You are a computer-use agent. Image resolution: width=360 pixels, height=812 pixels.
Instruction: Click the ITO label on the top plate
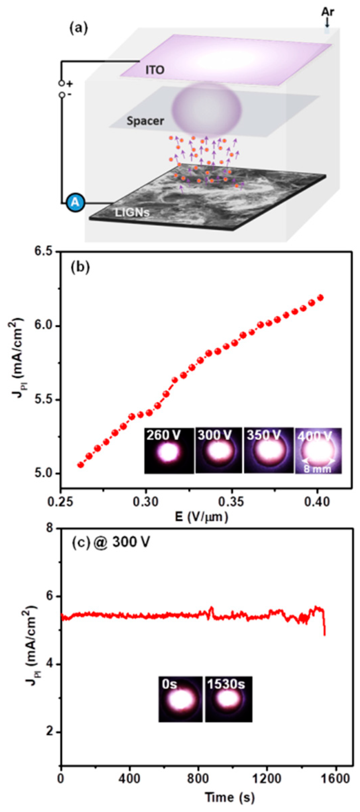[x=155, y=70]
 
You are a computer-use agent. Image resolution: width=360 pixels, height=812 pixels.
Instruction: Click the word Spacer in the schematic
[x=145, y=121]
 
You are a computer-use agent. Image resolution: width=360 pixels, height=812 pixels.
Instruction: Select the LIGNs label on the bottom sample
[x=132, y=212]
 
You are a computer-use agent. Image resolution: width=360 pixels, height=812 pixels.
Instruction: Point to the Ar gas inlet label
[x=327, y=12]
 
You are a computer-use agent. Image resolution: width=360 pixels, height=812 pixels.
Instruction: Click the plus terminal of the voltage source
[x=62, y=83]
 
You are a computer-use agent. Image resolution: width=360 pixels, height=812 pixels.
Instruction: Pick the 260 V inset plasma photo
[x=169, y=450]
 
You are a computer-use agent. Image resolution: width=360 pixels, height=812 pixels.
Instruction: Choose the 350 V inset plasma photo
[x=268, y=450]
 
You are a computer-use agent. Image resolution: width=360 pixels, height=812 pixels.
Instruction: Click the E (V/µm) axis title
[x=201, y=516]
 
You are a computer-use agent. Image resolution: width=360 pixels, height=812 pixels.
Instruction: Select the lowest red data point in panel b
[x=81, y=465]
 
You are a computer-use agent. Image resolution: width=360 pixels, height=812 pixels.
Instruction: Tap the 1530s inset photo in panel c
[x=228, y=699]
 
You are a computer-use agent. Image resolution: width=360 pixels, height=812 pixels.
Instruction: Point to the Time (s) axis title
[x=229, y=797]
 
